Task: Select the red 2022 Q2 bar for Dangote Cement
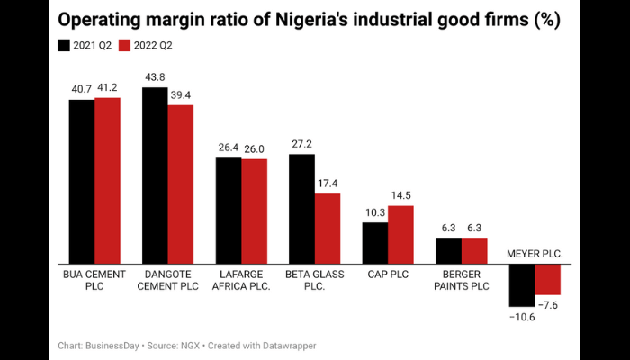(180, 184)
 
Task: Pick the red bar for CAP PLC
(400, 235)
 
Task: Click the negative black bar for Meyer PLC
(522, 285)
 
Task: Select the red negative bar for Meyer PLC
(547, 280)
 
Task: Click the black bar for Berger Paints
(448, 251)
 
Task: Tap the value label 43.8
(155, 78)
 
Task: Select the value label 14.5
(400, 196)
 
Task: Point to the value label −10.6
(521, 316)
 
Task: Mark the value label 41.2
(107, 88)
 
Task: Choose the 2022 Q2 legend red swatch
(125, 45)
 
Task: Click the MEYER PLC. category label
(535, 255)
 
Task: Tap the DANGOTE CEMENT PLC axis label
(167, 280)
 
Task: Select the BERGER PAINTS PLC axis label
(461, 280)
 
